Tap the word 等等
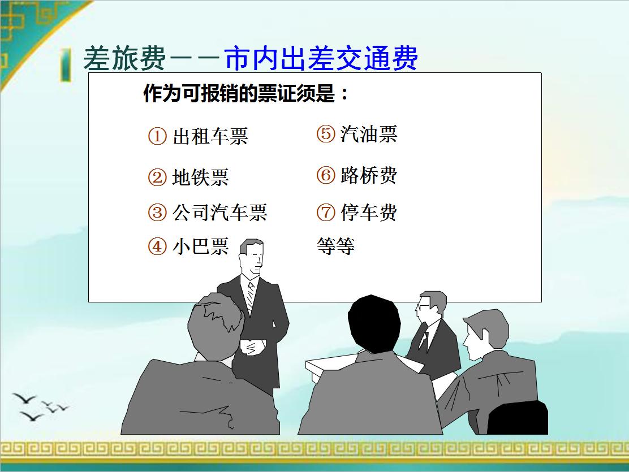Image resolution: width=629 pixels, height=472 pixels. [335, 246]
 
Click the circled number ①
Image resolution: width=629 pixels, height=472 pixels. [157, 137]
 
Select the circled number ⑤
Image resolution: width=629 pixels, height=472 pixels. [326, 135]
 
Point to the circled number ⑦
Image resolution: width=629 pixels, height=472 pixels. [326, 213]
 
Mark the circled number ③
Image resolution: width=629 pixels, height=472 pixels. [157, 213]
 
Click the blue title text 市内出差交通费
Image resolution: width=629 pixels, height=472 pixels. [321, 58]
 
